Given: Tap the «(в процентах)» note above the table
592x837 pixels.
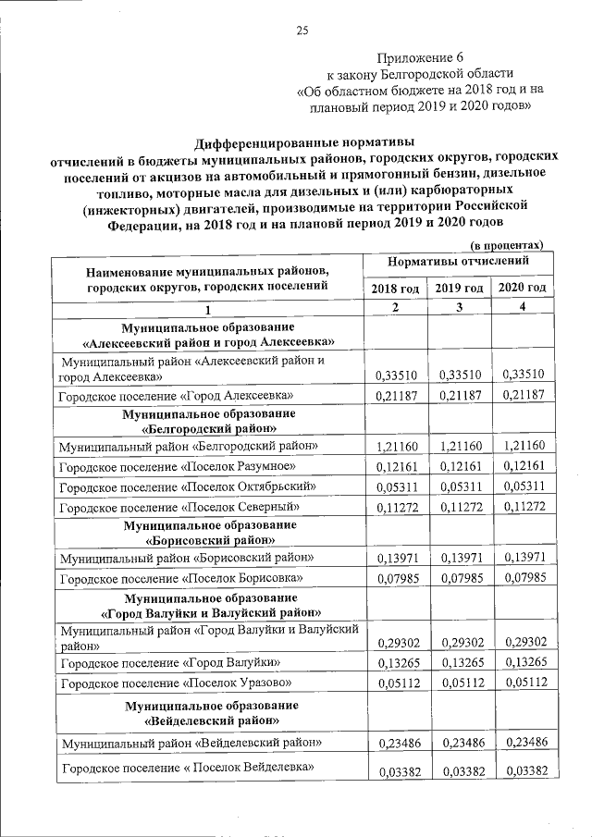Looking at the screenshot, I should pos(507,245).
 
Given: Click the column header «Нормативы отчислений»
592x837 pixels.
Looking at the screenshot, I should pos(458,263).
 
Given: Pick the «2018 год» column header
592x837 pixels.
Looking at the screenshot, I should pos(395,289).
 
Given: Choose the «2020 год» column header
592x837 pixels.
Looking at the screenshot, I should pos(522,289).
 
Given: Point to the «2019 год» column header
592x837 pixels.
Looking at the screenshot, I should pos(459,289).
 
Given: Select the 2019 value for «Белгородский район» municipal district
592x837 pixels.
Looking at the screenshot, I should pos(459,447).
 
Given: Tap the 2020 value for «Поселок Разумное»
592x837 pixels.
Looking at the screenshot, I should pos(522,466).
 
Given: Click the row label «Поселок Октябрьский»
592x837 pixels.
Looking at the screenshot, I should pos(179,486).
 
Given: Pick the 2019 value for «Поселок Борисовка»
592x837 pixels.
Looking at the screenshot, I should pos(459,579).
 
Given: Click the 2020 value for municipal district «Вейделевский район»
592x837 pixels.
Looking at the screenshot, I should pos(522,743).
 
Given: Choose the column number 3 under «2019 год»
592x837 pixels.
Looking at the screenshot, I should pos(459,308).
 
